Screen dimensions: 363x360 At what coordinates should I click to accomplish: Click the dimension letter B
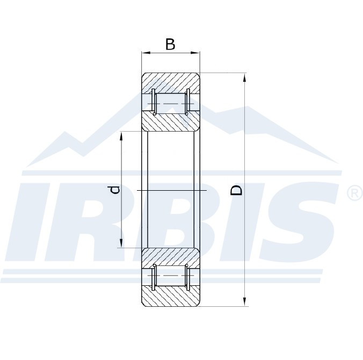(x=170, y=45)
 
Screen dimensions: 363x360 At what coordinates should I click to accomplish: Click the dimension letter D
(x=236, y=190)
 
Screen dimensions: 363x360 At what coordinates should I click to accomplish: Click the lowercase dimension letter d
(x=115, y=190)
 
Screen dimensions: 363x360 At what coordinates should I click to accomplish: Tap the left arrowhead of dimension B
(x=146, y=53)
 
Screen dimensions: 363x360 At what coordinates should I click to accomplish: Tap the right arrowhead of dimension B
(x=195, y=53)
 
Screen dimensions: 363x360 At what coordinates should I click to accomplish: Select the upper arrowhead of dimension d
(x=121, y=136)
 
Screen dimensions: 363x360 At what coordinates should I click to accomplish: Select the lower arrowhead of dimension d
(x=121, y=243)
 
